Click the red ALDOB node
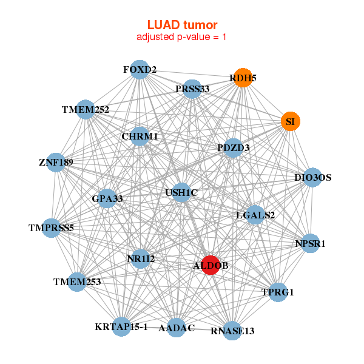coord(210,265)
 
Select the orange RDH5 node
coord(243,78)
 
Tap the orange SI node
coord(290,121)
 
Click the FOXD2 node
coord(140,70)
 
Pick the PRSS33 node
coord(192,89)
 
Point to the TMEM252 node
coord(86,110)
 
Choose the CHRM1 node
coord(140,136)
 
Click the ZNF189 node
coord(56,163)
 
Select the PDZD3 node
coord(234,147)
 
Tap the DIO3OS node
coord(312,178)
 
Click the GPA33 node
coord(107,198)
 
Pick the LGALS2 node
coord(255,215)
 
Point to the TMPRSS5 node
coord(51,228)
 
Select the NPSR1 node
coord(310,244)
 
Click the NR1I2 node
coord(141,259)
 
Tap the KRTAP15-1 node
coord(121,326)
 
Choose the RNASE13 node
coord(232,331)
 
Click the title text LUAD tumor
coord(182,25)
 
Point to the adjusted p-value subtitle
coord(182,37)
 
